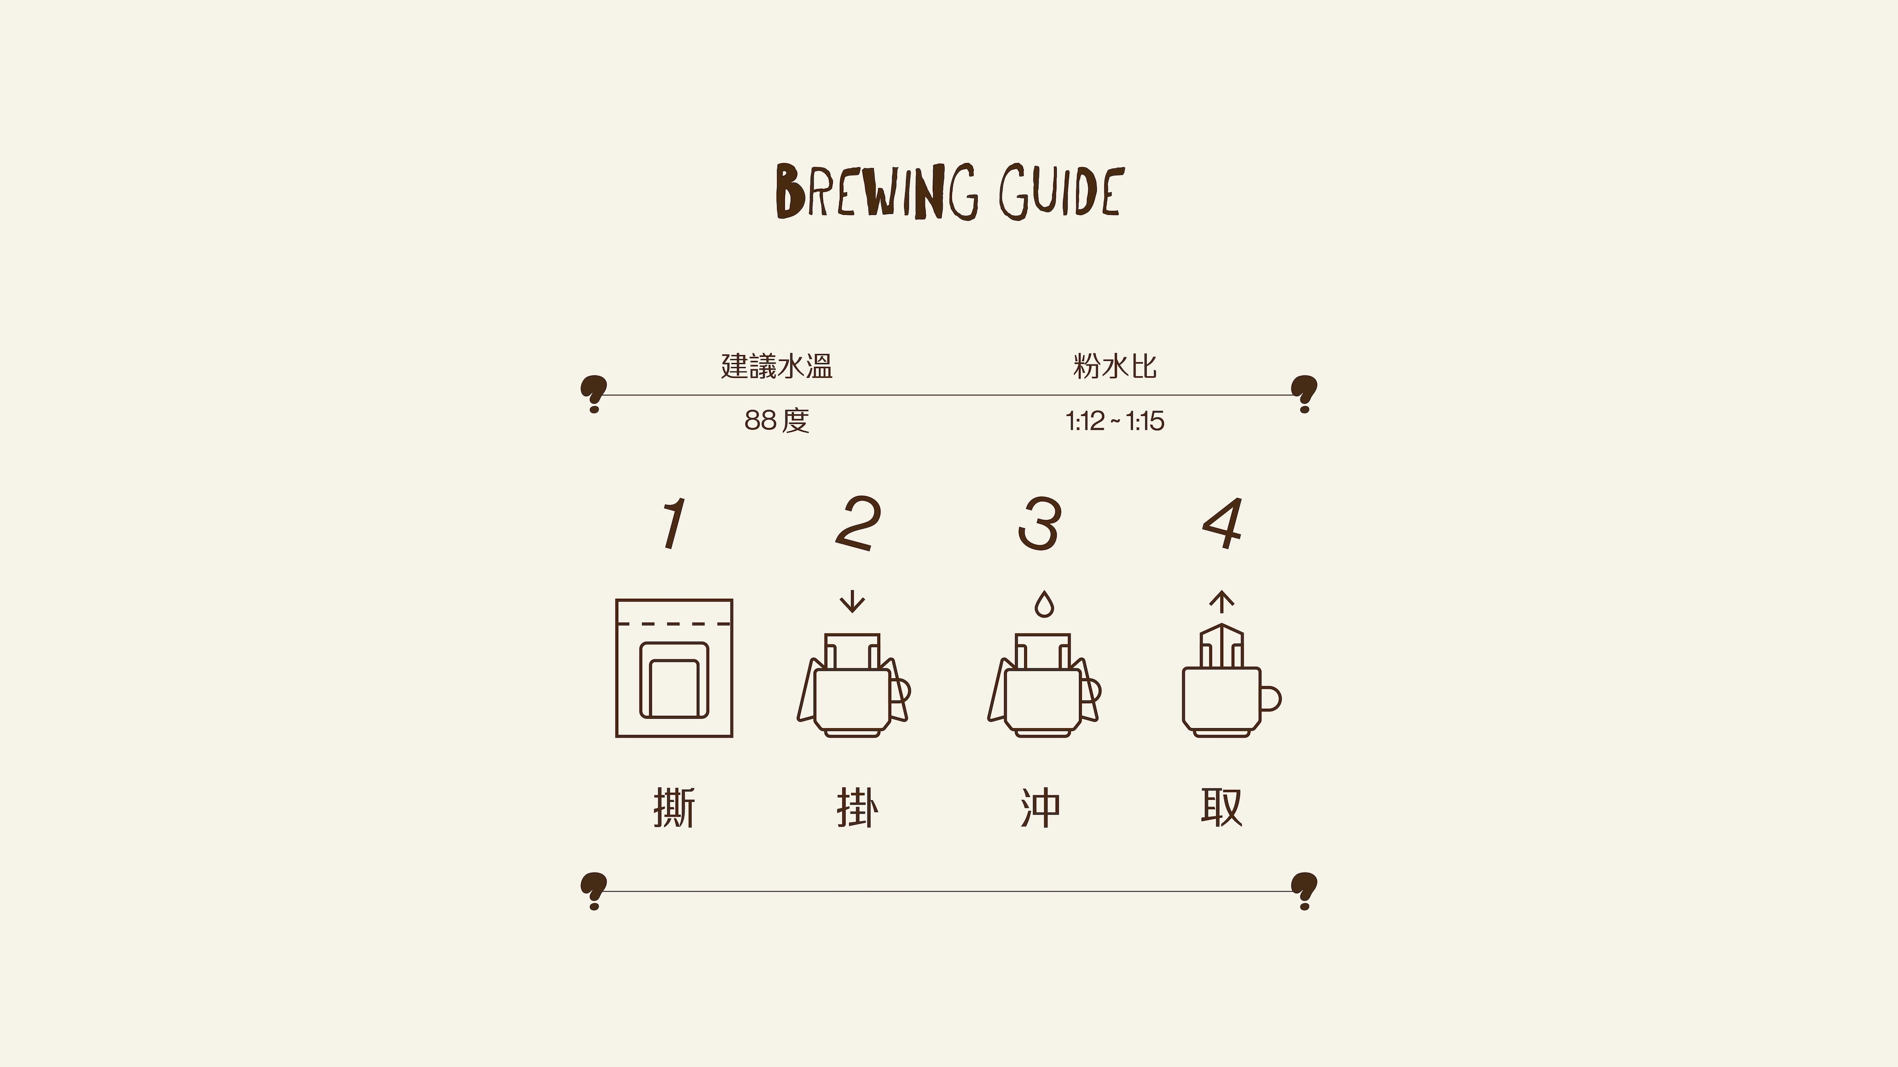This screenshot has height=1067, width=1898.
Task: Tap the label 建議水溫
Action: click(776, 366)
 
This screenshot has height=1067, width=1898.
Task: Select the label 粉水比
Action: click(1115, 366)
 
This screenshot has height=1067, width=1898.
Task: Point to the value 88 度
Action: click(776, 420)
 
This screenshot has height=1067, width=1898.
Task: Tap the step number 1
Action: click(673, 524)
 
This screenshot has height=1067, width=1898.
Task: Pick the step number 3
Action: click(1039, 524)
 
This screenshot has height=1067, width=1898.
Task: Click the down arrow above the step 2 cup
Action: click(853, 602)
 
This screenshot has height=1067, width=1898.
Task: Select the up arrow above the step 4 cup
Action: click(1222, 602)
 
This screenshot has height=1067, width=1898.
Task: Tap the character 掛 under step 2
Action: click(858, 808)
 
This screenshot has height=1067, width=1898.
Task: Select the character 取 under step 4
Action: click(1222, 808)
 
